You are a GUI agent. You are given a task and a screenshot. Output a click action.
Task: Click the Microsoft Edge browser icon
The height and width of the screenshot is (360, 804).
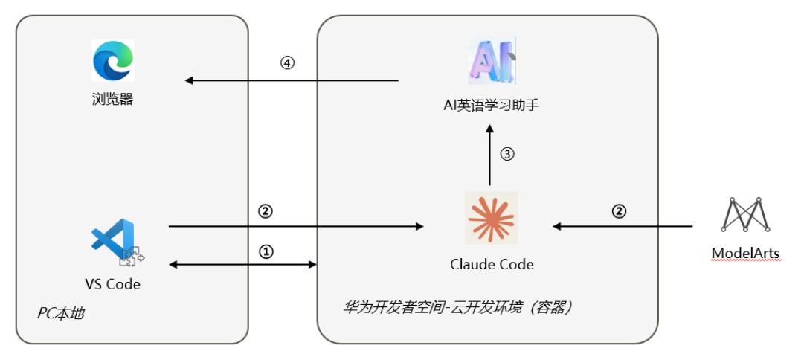click(113, 60)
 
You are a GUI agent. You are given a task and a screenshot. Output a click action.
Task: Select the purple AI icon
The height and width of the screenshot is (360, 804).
click(491, 60)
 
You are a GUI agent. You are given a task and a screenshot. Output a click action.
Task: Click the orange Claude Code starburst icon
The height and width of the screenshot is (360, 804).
click(491, 218)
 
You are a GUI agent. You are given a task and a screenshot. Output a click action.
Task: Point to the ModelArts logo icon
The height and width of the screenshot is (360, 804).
click(745, 215)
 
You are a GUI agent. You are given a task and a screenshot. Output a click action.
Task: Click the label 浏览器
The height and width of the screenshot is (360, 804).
click(113, 99)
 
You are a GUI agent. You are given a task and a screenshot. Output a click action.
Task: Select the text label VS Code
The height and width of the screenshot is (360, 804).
click(112, 284)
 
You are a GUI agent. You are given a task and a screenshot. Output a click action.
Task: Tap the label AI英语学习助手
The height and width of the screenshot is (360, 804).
click(491, 105)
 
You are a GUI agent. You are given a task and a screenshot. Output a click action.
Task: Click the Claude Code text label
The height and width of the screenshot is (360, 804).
click(492, 264)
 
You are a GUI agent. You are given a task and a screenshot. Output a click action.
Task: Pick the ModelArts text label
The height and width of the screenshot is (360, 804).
click(745, 254)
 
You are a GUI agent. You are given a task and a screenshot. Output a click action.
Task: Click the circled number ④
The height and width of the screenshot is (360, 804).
click(287, 64)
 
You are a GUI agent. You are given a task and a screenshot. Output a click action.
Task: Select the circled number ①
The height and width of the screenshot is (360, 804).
click(266, 252)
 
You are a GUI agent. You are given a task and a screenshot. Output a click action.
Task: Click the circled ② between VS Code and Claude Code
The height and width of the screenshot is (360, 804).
click(266, 211)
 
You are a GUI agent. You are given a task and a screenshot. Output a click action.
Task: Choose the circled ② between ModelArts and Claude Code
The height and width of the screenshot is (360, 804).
click(619, 211)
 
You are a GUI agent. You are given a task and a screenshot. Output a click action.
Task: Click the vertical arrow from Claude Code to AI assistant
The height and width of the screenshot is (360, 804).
click(489, 155)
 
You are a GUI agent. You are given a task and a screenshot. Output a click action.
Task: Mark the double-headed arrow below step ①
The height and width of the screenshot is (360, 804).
click(244, 264)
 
